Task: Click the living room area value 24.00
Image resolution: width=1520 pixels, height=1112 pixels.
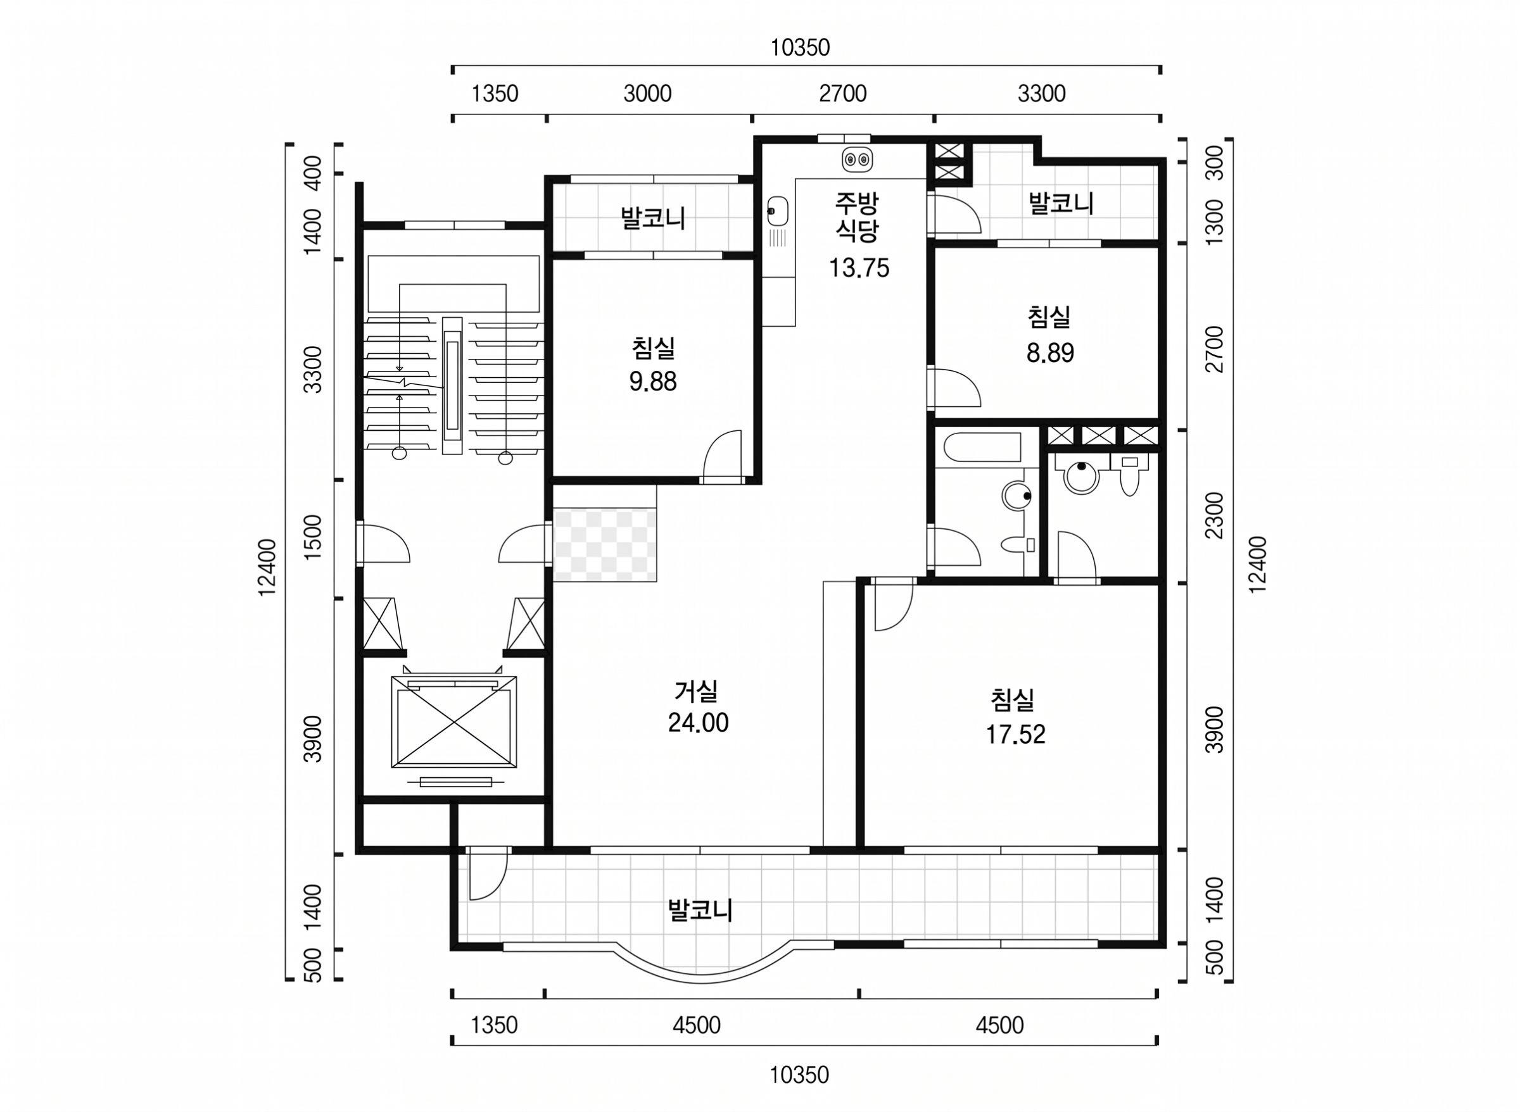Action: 698,723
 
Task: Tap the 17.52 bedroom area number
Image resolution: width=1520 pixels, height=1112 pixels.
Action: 1016,734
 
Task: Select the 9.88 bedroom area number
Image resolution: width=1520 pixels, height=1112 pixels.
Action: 652,382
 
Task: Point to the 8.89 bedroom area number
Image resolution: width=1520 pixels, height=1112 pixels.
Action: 1050,353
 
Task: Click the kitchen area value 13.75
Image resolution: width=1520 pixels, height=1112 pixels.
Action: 859,268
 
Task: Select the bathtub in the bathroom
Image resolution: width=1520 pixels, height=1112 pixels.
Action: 982,448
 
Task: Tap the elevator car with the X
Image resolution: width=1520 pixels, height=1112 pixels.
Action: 455,723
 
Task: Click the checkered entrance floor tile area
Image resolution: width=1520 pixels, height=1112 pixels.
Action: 605,544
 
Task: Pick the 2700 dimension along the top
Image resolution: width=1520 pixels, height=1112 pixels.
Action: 842,94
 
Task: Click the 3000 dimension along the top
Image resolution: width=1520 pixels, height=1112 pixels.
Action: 647,94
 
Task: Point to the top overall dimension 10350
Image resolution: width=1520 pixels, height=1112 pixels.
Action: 800,48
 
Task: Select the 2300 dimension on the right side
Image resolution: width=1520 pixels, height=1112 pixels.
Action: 1213,516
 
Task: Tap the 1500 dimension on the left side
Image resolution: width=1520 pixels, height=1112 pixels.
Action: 313,538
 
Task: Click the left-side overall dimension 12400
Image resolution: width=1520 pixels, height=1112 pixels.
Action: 267,567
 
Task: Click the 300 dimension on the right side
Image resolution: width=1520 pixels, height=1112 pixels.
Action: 1213,162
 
